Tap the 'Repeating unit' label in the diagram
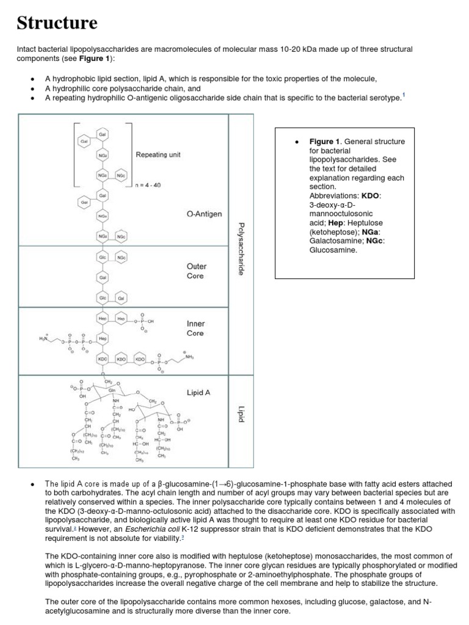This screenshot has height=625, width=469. click(160, 155)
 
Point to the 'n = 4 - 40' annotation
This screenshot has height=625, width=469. click(148, 185)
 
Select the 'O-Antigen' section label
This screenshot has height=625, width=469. click(204, 214)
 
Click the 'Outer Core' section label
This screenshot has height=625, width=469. click(196, 271)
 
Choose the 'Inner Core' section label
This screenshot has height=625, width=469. click(195, 328)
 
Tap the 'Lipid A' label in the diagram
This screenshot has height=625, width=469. click(198, 393)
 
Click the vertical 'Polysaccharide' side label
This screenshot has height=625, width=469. click(241, 249)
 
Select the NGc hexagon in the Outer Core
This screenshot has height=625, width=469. click(122, 258)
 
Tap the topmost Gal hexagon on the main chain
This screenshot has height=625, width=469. click(102, 134)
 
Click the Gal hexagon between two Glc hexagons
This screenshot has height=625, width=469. click(102, 278)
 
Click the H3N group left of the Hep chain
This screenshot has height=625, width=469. click(43, 339)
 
